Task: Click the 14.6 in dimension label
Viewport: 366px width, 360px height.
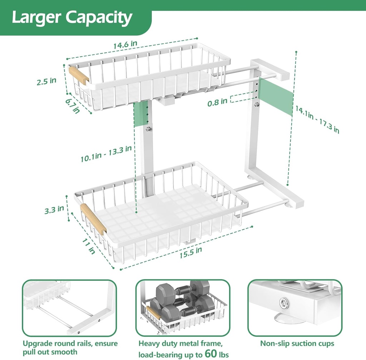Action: click(125, 46)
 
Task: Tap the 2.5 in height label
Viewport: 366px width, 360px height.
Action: click(46, 81)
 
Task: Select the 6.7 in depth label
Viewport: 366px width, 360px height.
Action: click(73, 106)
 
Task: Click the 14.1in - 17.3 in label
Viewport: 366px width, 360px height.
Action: click(316, 119)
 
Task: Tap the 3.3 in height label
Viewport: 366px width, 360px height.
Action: click(54, 210)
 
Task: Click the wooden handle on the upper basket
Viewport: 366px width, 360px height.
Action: click(79, 75)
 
